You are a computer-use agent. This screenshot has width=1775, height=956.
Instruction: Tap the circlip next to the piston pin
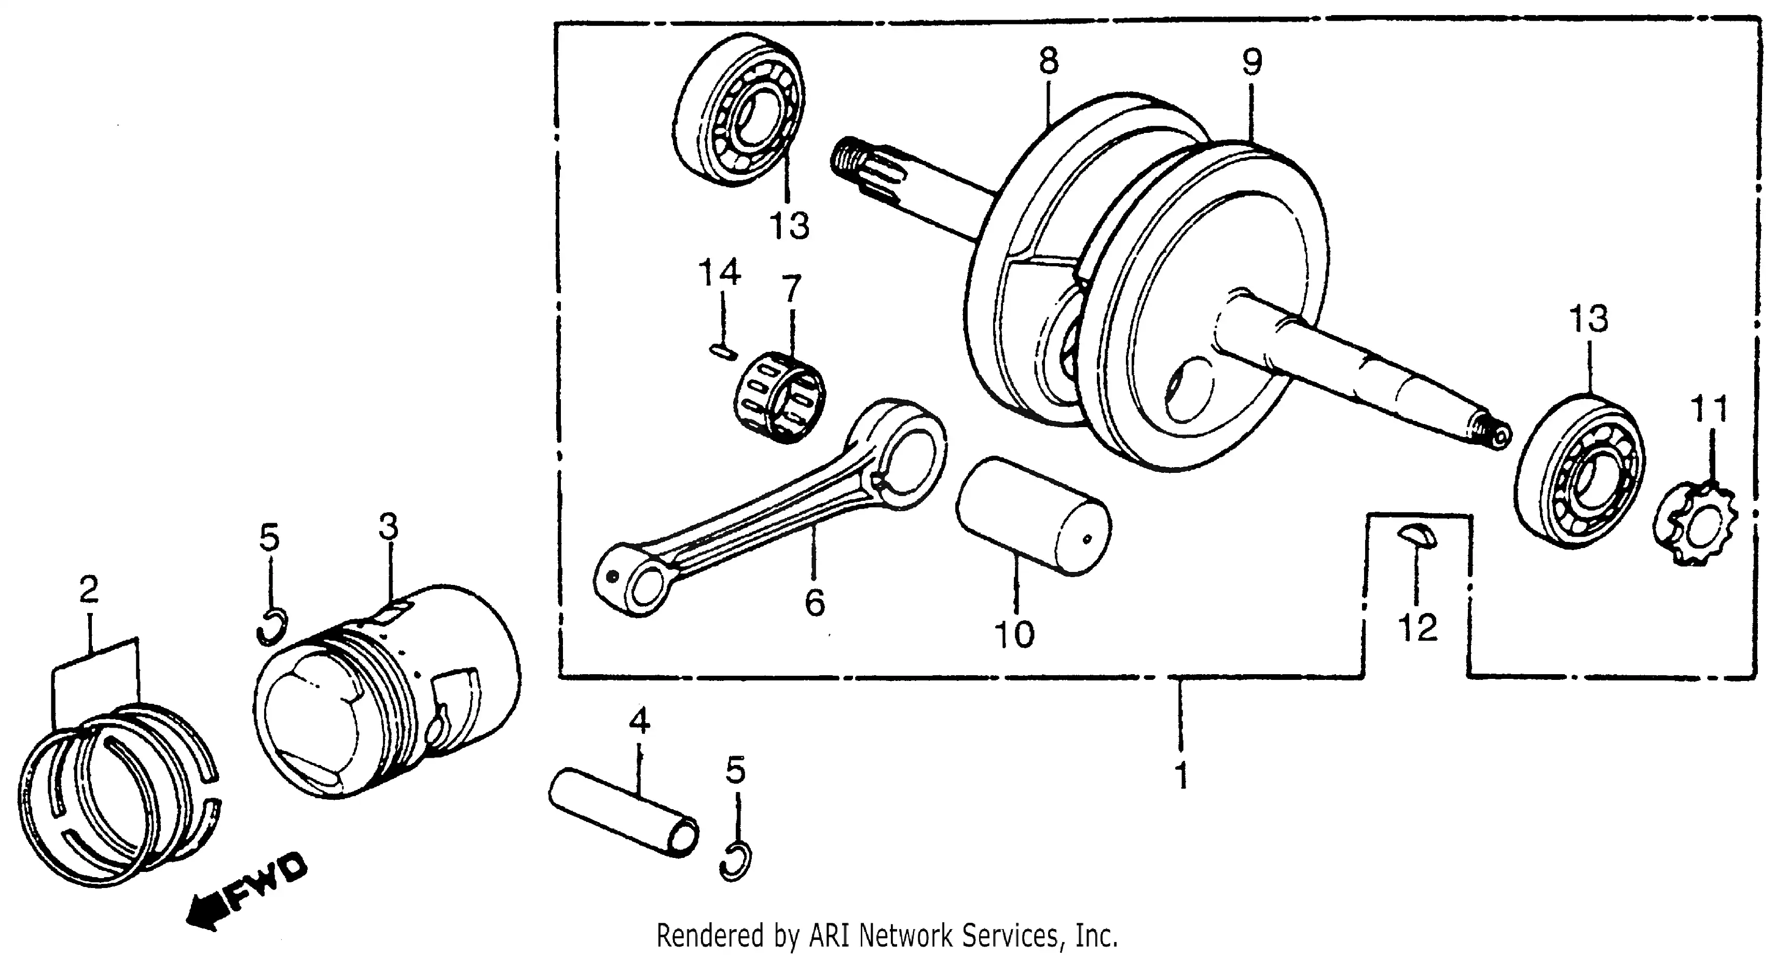[736, 862]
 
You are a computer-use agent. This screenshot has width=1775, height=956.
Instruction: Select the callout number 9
[1252, 63]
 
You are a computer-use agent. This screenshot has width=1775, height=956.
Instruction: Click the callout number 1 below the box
[1181, 775]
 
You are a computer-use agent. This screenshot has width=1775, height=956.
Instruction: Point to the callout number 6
[815, 603]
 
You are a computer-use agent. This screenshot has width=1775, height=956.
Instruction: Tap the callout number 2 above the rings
[88, 589]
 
